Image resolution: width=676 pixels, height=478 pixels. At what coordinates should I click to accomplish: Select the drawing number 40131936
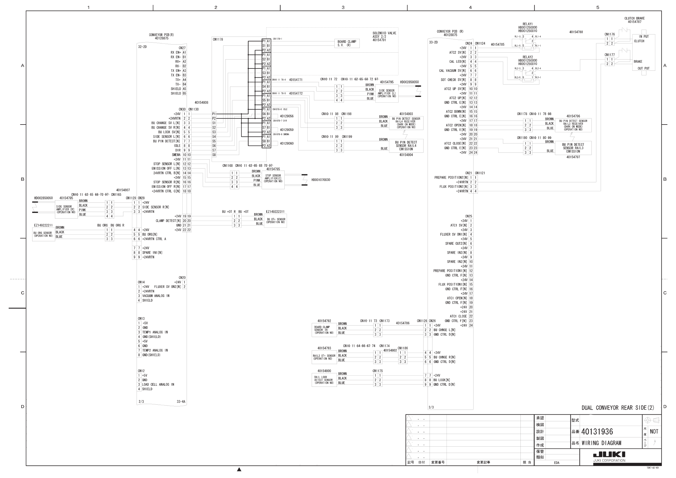click(597, 432)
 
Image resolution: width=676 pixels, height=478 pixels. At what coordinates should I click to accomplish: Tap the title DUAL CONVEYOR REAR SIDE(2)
click(618, 408)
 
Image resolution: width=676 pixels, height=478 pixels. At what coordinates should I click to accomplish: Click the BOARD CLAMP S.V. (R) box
click(346, 43)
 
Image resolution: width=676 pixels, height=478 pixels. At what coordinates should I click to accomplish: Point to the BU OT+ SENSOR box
click(275, 221)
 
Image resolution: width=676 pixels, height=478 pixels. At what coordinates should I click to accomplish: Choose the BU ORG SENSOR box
click(43, 234)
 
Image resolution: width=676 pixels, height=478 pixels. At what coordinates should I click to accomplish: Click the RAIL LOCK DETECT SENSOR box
click(324, 380)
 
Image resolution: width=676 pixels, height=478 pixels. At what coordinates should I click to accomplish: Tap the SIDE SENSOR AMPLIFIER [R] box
click(66, 209)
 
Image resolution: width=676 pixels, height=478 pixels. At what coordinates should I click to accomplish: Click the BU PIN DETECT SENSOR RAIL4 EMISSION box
click(406, 146)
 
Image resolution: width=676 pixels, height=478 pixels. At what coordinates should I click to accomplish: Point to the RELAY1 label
click(528, 24)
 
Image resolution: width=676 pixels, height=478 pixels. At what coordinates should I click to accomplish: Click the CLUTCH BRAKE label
click(635, 18)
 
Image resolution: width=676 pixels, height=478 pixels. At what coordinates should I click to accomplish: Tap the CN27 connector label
click(182, 48)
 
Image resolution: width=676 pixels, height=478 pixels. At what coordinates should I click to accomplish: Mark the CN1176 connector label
click(610, 35)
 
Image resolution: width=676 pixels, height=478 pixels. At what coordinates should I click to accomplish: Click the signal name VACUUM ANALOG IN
click(156, 296)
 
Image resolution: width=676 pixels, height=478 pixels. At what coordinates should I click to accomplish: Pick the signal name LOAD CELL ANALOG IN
click(158, 384)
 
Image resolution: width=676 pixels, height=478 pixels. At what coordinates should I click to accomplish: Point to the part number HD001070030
click(321, 180)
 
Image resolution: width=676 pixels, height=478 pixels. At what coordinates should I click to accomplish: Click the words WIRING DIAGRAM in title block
click(601, 443)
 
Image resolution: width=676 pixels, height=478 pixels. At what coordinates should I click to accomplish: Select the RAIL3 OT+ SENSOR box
click(324, 357)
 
